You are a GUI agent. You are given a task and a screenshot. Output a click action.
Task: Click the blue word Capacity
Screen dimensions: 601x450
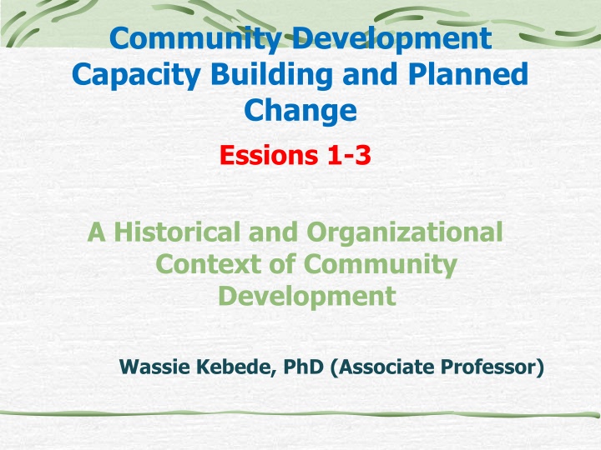pos(136,76)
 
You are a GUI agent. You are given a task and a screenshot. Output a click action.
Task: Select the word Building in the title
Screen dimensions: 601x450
pos(271,76)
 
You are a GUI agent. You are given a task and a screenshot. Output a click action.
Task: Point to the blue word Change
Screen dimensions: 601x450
pos(300,111)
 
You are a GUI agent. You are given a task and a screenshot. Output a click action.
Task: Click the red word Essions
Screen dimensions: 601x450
pos(269,155)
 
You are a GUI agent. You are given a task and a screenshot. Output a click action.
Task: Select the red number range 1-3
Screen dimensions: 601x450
pos(349,155)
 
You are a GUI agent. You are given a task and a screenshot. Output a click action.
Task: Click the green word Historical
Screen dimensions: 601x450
pos(177,232)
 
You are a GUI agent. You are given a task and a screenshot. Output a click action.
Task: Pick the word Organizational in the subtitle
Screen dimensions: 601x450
pos(405,233)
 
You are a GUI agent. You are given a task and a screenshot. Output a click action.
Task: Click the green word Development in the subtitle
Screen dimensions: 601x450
pos(307,297)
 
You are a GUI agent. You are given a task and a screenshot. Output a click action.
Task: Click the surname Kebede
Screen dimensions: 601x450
pos(235,367)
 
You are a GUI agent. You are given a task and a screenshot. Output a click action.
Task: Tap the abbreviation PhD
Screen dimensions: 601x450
pos(303,367)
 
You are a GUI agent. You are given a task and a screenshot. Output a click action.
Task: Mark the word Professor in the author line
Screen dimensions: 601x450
pos(492,367)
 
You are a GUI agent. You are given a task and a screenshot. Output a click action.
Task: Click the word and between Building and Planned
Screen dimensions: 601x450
pos(370,74)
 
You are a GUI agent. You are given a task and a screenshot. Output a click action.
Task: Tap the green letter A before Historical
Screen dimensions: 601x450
pos(96,232)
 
